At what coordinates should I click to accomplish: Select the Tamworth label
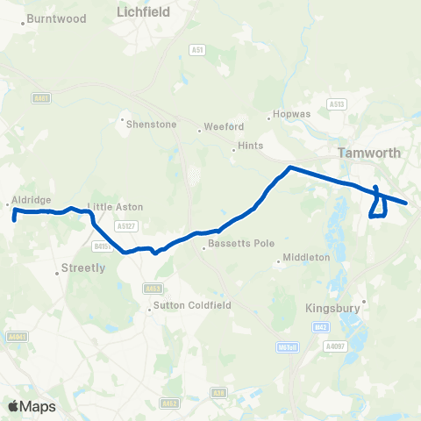pos(369,153)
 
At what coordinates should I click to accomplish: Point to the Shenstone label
pos(153,125)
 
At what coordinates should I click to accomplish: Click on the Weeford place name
pos(223,126)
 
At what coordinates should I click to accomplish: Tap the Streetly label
pos(84,268)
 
